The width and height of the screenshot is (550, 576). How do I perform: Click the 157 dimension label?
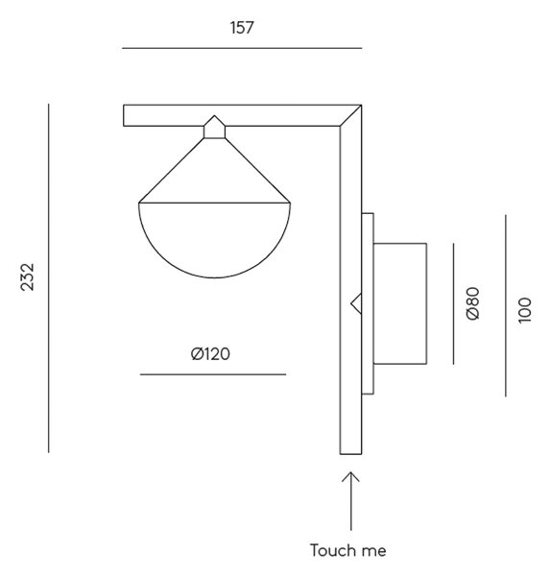pyautogui.click(x=242, y=28)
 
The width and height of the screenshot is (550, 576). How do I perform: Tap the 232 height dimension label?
pyautogui.click(x=27, y=277)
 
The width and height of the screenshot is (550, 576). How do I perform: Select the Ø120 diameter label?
pyautogui.click(x=210, y=353)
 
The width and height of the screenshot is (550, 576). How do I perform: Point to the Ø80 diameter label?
pyautogui.click(x=473, y=303)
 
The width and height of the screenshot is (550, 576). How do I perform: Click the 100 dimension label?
pyautogui.click(x=525, y=310)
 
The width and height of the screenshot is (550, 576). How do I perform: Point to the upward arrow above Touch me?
pyautogui.click(x=351, y=501)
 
